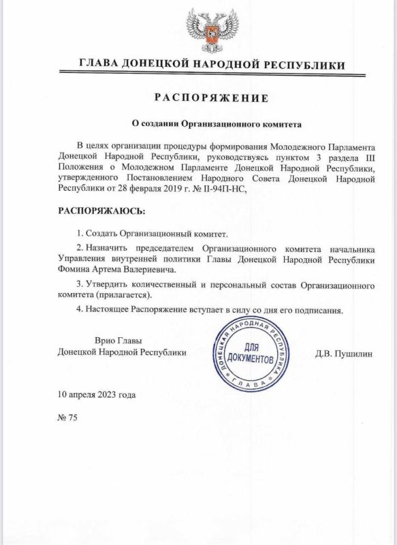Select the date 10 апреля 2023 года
point(97,394)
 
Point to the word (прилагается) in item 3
point(124,296)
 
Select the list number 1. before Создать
point(81,234)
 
